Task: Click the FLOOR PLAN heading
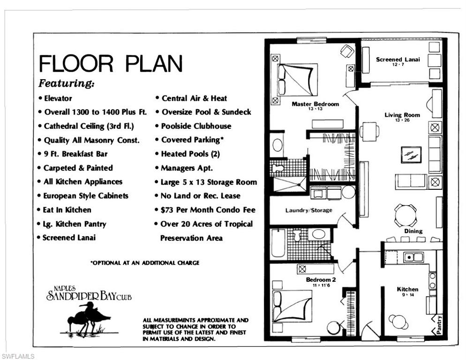tap(110, 63)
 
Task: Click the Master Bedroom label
tap(315, 104)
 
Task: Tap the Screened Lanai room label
tap(398, 60)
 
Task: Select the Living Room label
tap(402, 115)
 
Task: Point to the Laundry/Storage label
tap(308, 210)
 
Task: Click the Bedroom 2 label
tap(321, 280)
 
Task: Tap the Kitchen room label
tap(407, 289)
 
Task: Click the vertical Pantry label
tap(439, 324)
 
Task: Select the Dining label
tap(413, 231)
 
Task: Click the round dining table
tap(405, 215)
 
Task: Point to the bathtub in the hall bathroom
tap(278, 243)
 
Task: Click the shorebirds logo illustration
tap(88, 319)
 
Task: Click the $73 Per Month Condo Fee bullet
tap(208, 210)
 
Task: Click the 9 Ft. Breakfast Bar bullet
tap(75, 154)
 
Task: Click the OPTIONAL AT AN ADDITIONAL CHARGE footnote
tap(144, 263)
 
